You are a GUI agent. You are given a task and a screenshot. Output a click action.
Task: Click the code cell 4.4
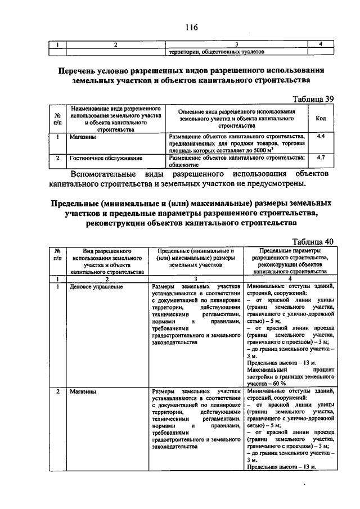point(321,137)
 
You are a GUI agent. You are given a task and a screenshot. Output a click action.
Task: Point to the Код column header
point(321,119)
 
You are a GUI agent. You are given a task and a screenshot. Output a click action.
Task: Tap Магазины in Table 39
point(82,137)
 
